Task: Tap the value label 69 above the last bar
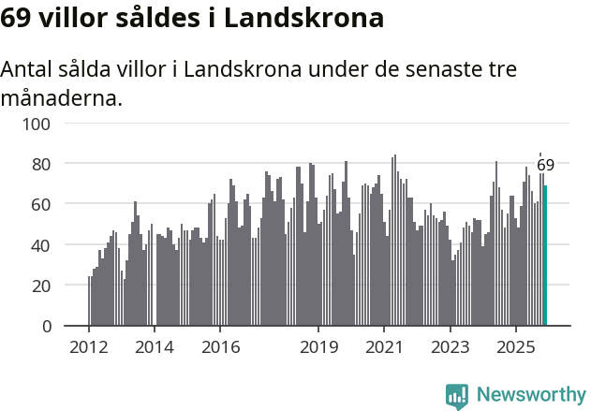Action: coord(545,166)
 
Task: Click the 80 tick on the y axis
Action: coord(43,164)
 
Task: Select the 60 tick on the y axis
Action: coord(43,204)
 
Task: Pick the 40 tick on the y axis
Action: coord(43,245)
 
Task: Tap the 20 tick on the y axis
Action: coord(43,286)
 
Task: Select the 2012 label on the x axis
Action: coord(89,347)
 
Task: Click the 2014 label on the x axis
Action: coord(155,347)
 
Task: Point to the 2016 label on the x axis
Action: coord(220,347)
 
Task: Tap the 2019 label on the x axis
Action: coord(318,347)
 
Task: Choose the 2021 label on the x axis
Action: coord(384,347)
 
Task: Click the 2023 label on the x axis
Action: coord(450,347)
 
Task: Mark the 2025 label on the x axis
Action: coord(516,347)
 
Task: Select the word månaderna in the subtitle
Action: coord(62,96)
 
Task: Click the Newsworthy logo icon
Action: coord(456,396)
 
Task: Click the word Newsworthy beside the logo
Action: coord(531,396)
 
